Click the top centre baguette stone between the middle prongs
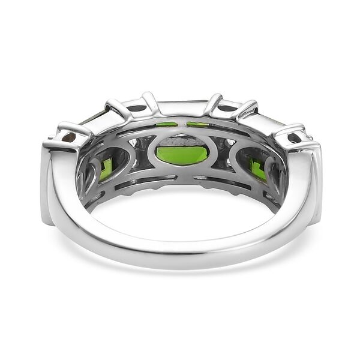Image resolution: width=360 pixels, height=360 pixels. [x=181, y=106]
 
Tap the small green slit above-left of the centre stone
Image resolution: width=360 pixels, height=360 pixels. [x=166, y=124]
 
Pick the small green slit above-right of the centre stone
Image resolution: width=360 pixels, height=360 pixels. [x=197, y=124]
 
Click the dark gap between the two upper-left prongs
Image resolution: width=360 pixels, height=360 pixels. [x=136, y=109]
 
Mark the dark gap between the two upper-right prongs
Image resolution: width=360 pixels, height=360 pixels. [x=227, y=109]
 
